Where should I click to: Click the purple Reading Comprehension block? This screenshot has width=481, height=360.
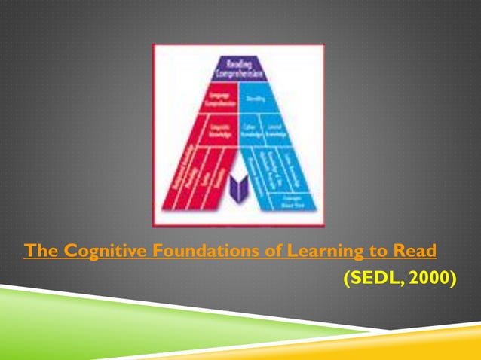(238, 69)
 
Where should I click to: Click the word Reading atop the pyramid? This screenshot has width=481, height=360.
(238, 63)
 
